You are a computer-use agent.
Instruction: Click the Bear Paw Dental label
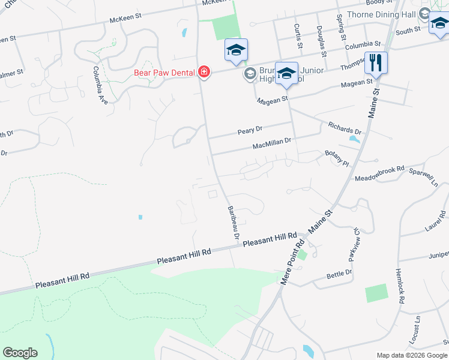[x=163, y=73]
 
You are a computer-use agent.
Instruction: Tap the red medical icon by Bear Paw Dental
[x=204, y=73]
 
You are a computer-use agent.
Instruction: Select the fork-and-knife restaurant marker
[x=376, y=62]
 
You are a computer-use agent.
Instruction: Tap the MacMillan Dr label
[x=271, y=144]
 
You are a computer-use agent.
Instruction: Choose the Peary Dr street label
[x=250, y=130]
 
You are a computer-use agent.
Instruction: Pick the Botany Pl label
[x=337, y=158]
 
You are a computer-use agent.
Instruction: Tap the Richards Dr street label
[x=344, y=128]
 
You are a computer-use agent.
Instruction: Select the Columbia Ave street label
[x=100, y=85]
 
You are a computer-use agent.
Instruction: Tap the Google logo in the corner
[x=20, y=353]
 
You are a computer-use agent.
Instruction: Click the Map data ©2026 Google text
[x=411, y=355]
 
